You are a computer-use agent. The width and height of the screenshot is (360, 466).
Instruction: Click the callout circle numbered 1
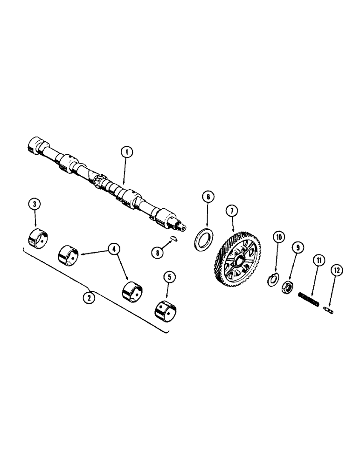click(126, 151)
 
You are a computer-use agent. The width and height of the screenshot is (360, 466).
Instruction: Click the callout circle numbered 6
click(208, 197)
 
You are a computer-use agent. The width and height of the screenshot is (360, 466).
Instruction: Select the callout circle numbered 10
click(278, 238)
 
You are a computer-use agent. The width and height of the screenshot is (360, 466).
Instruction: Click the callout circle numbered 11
click(318, 261)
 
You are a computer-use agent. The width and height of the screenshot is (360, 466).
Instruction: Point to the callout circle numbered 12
click(337, 270)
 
